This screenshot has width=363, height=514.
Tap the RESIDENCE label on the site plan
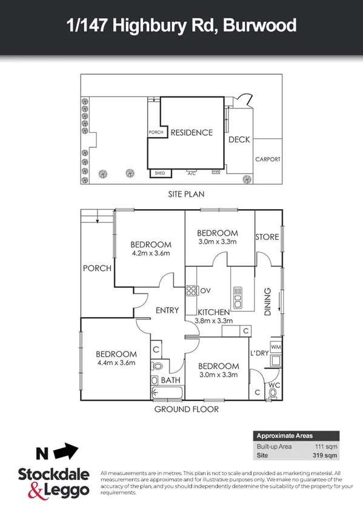(x=191, y=133)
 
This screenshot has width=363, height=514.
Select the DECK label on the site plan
(x=239, y=140)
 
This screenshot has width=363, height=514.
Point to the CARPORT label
(x=267, y=159)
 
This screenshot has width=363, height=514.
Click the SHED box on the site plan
(x=160, y=173)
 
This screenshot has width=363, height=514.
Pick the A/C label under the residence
(x=191, y=173)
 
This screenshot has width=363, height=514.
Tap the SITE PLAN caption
(x=186, y=195)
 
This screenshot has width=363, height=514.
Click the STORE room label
(x=267, y=236)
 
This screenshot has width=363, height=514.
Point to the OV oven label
(x=205, y=290)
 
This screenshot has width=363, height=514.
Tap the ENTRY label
(x=167, y=310)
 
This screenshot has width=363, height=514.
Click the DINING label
(x=268, y=302)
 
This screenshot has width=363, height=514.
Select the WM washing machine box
(x=276, y=347)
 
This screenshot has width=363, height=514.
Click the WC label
(x=274, y=384)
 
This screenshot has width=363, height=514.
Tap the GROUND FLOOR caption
(x=186, y=409)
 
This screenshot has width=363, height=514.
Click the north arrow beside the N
(x=65, y=452)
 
